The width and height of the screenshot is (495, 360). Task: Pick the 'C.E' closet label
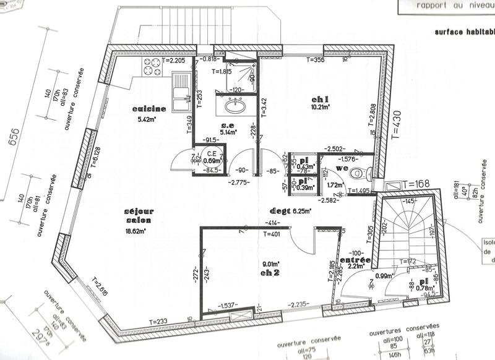pos(211,153)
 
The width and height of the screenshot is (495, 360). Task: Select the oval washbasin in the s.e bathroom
pos(235,106)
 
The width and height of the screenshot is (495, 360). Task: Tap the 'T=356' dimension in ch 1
pos(316,60)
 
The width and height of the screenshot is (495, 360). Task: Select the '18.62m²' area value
pos(135,231)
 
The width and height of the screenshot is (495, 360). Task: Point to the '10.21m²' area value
pos(321,106)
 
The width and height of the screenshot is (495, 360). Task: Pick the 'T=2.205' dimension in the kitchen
pos(172,61)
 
